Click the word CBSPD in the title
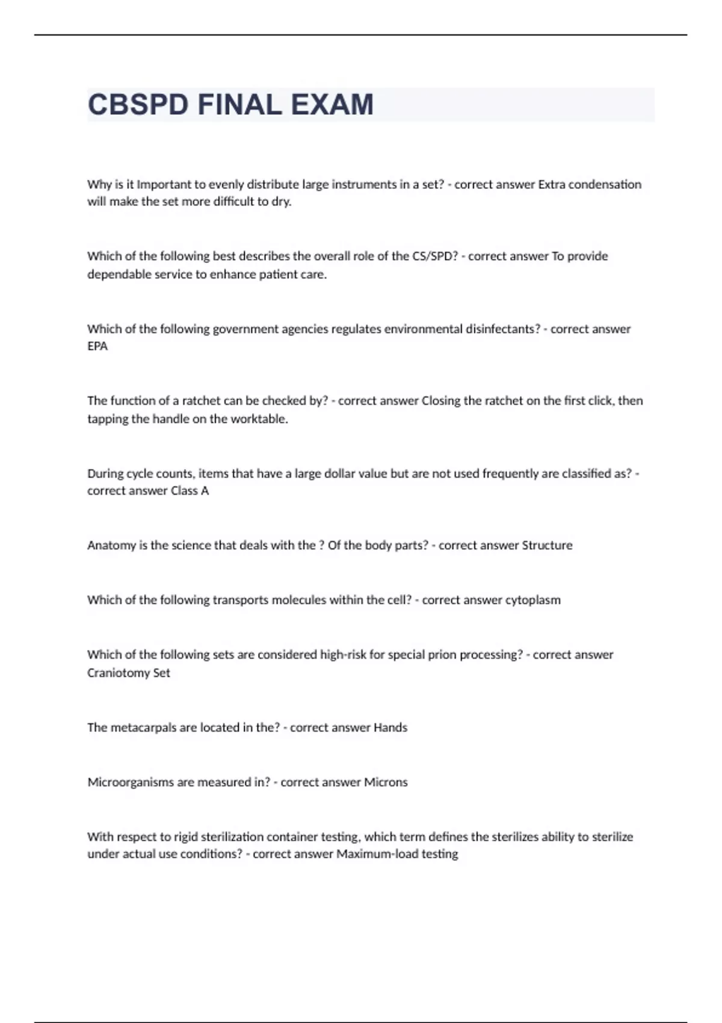coord(138,105)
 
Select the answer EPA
coord(97,346)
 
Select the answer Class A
coord(190,490)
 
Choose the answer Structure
coord(547,545)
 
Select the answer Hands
coord(390,728)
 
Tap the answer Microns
coord(386,782)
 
